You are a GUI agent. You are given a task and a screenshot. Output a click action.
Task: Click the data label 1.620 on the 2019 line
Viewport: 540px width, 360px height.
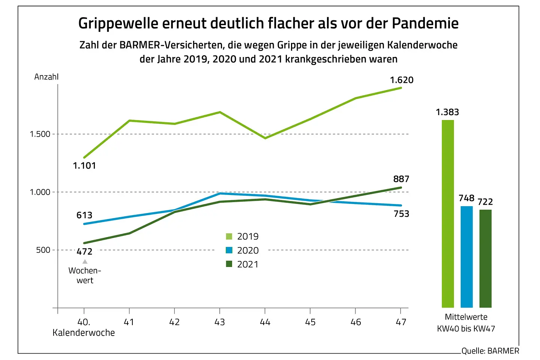(x=401, y=80)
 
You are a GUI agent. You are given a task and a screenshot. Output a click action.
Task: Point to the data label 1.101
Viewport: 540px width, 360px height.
(x=84, y=166)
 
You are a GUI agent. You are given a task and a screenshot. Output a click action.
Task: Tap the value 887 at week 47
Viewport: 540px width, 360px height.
(x=401, y=179)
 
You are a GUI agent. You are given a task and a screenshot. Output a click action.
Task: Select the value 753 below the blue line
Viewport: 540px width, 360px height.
(x=401, y=214)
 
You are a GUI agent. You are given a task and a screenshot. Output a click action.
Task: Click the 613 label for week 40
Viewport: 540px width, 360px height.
(x=84, y=215)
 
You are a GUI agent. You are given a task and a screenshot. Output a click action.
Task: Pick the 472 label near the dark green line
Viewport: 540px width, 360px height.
(x=84, y=252)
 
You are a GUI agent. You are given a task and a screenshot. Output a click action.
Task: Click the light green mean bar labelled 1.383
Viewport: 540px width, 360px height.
(x=447, y=214)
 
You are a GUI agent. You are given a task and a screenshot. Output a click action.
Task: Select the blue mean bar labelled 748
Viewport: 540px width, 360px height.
(x=466, y=257)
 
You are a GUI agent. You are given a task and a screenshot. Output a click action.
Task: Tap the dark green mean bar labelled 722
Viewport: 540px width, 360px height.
(x=485, y=259)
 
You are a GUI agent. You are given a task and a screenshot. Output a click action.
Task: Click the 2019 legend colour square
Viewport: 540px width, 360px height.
(x=229, y=236)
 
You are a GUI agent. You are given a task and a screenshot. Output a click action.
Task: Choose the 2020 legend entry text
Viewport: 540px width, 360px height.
(x=247, y=250)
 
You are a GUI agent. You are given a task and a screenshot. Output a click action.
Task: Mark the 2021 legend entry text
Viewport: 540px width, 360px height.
(x=247, y=264)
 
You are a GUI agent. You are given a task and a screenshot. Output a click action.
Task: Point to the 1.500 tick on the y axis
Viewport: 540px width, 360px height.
(x=40, y=134)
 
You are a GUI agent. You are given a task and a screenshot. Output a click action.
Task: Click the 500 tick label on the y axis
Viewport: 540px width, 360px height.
(x=43, y=250)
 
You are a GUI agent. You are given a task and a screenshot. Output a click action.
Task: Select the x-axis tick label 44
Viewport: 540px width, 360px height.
(x=265, y=322)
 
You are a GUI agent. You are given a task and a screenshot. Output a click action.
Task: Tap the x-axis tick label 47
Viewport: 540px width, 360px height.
(x=401, y=322)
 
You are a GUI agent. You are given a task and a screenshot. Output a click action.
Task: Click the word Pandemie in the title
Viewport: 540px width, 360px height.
(x=425, y=23)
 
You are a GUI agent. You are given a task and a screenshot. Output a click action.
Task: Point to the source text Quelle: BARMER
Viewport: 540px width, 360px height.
(x=490, y=351)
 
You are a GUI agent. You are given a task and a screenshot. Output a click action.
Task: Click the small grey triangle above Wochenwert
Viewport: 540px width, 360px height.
(x=85, y=261)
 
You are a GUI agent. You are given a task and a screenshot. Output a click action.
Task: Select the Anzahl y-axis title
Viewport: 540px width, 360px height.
(x=46, y=77)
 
